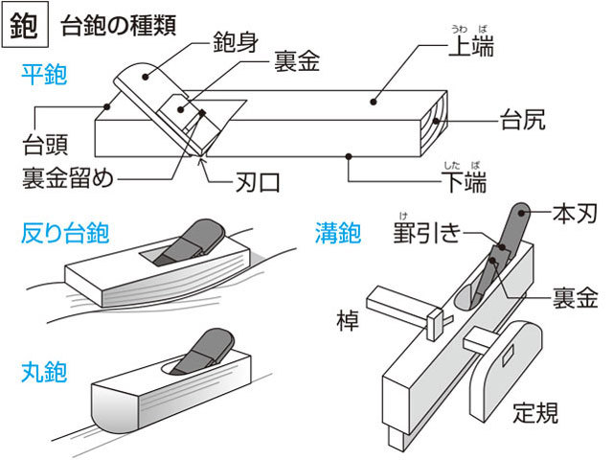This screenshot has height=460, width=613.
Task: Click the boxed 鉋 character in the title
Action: tap(22, 27)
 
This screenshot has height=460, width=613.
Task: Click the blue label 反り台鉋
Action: tap(64, 233)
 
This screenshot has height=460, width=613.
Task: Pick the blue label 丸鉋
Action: tap(44, 372)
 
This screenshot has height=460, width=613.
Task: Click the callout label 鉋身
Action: tap(236, 42)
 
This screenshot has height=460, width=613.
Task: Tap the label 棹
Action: tap(347, 319)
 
